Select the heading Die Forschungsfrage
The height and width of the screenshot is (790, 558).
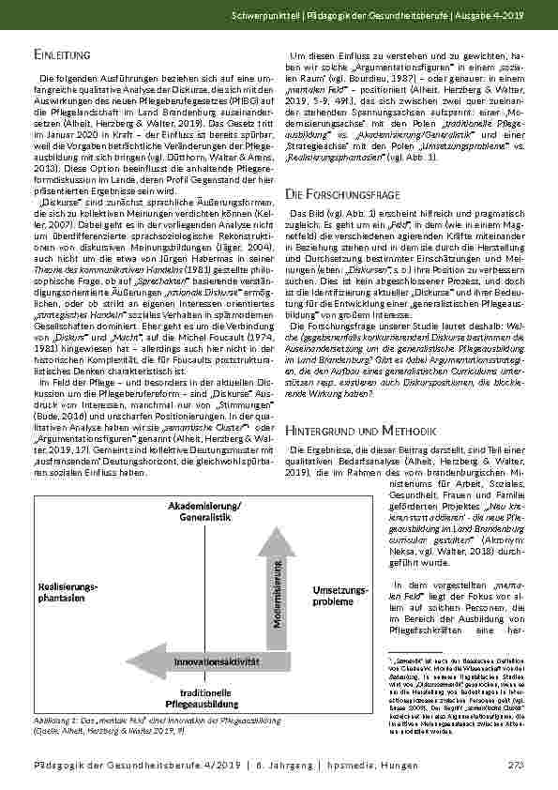(343, 194)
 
